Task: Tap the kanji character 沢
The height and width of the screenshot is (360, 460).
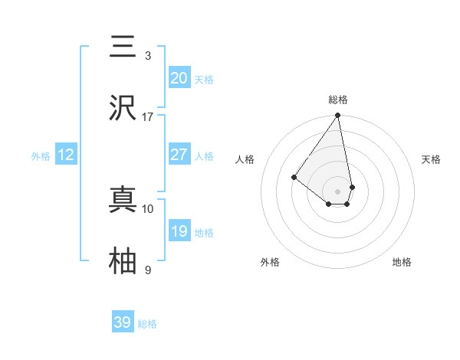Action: [123, 108]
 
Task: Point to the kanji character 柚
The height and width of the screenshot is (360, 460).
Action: [123, 260]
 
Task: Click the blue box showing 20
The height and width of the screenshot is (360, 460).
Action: [179, 78]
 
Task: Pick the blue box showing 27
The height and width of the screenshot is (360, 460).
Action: [179, 155]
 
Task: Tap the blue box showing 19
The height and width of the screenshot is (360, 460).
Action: [179, 231]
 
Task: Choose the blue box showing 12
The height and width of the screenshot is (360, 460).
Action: [65, 155]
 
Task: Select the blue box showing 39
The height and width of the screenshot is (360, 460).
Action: [123, 322]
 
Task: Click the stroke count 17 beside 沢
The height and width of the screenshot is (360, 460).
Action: [148, 117]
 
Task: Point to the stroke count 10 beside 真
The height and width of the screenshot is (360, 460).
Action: [148, 208]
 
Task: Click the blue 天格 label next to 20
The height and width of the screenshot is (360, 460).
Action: [203, 80]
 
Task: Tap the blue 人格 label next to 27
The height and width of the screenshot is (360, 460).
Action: [203, 156]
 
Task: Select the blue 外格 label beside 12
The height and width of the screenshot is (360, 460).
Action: [41, 156]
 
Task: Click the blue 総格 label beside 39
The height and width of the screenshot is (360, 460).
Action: [147, 324]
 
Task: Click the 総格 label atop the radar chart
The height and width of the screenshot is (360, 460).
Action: [338, 100]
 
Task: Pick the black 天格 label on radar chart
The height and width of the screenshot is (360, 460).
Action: [431, 159]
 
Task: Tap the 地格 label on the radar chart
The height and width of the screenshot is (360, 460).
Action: [402, 262]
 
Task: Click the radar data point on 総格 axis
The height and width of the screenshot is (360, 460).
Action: [338, 116]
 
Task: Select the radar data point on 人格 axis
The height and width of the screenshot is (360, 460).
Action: [294, 177]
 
